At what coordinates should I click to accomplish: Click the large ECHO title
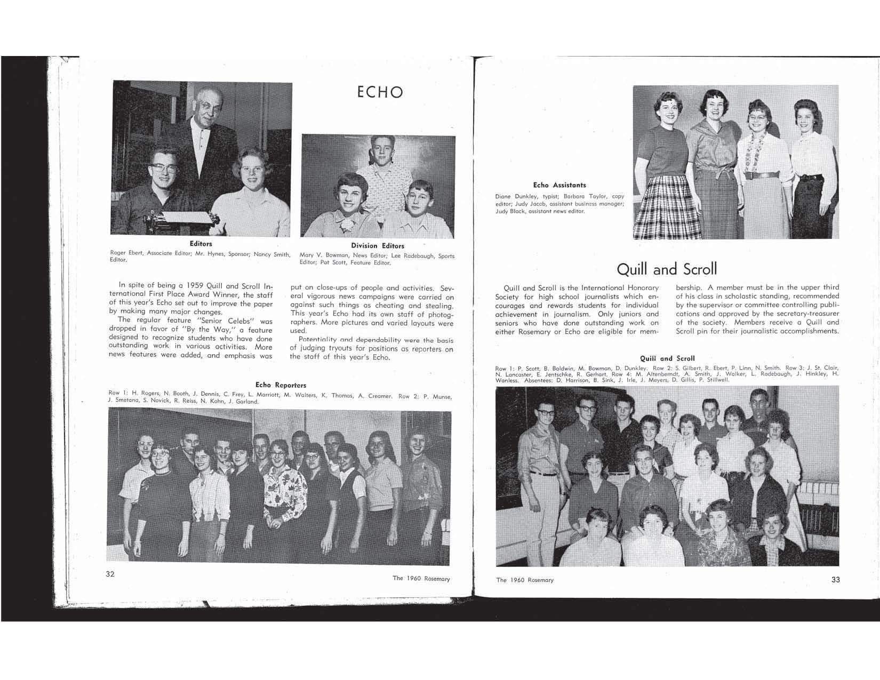pos(380,92)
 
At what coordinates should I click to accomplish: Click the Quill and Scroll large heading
pos(667,268)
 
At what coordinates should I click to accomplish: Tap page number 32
pos(110,574)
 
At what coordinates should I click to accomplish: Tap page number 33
pos(836,579)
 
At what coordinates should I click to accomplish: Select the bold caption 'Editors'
pos(201,244)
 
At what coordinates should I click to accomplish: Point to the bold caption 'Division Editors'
pos(377,246)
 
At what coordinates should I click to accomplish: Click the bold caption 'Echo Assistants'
pos(559,185)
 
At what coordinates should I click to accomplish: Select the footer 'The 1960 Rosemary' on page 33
pos(525,580)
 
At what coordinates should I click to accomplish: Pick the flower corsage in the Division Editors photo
pos(349,225)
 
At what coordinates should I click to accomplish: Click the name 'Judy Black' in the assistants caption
pos(511,211)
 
